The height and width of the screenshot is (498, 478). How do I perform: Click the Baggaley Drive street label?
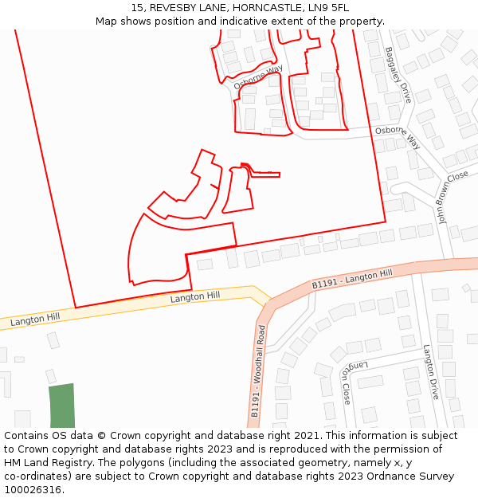[x=398, y=75]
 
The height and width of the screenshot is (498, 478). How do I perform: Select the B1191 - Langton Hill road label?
[x=351, y=279]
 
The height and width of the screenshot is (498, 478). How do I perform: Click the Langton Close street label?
[x=345, y=382]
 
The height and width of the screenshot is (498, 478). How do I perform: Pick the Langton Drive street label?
[x=430, y=372]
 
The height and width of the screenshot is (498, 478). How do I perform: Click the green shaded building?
[x=61, y=406]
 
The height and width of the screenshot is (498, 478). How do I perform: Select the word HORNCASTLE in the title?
[x=250, y=8]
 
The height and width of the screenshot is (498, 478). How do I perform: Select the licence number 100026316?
[x=33, y=490]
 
